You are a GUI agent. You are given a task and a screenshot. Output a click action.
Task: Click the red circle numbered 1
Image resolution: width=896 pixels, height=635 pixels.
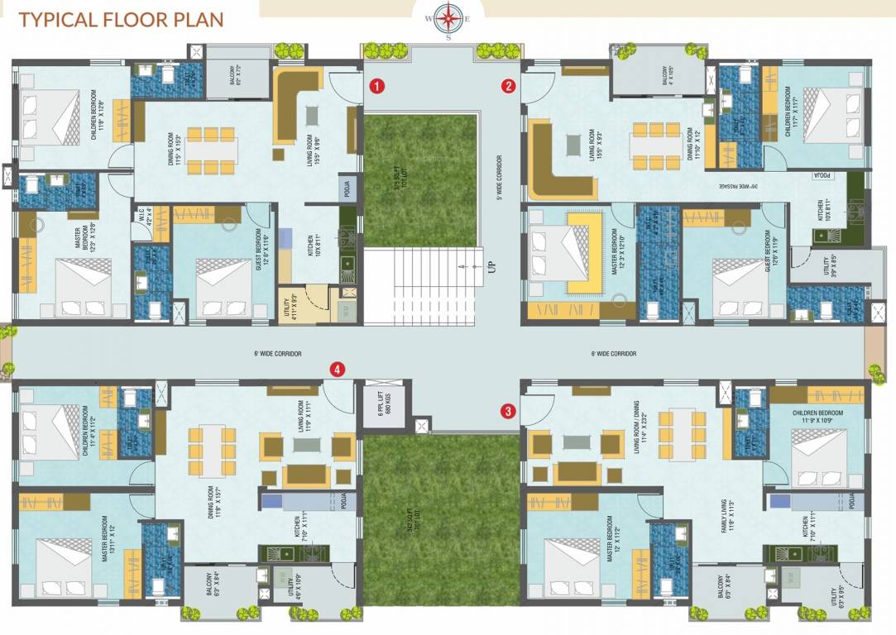[x=376, y=85]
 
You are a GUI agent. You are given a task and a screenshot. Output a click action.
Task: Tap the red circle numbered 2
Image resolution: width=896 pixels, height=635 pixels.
[x=509, y=85]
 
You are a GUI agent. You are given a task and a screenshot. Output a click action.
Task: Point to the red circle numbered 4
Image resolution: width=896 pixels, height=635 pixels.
[x=338, y=370]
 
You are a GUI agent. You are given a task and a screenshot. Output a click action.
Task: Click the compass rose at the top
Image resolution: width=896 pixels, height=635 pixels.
[x=448, y=17]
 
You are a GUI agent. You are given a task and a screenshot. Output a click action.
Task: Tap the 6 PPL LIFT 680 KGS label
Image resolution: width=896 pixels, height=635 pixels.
[x=383, y=407]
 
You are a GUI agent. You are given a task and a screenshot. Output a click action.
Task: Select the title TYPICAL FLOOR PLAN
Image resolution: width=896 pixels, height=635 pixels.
[x=121, y=19]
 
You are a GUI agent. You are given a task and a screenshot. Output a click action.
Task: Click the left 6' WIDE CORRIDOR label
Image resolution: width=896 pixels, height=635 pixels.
[x=278, y=354]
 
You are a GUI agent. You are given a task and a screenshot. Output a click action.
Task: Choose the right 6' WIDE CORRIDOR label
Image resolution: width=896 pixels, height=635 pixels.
[x=614, y=354]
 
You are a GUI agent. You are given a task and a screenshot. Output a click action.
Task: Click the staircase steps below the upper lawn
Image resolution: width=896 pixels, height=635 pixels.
[x=422, y=285]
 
